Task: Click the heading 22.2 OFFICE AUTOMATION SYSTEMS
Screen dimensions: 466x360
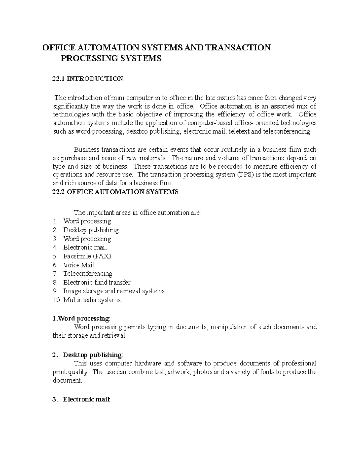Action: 115,192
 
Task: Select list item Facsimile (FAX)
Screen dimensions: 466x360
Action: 87,256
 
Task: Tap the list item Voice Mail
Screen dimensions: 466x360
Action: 79,265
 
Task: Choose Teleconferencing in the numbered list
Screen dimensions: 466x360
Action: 88,274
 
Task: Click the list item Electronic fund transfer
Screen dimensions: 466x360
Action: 97,282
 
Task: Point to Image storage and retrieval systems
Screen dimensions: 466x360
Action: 115,291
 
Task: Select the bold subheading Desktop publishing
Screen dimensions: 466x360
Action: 92,355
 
